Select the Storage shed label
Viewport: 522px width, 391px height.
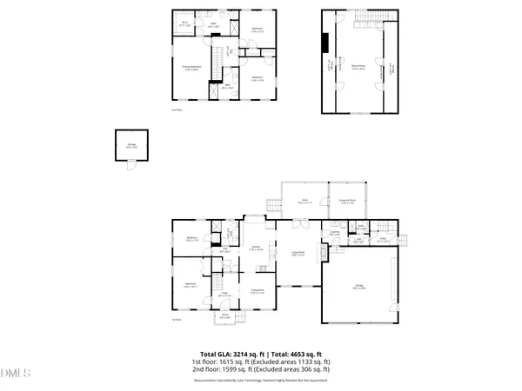(x=130, y=147)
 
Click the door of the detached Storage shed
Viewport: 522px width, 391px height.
(x=130, y=164)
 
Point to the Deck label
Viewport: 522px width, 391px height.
(x=304, y=202)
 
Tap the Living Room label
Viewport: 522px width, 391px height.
(x=298, y=254)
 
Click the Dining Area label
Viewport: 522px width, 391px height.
(x=257, y=291)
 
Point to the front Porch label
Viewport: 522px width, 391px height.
(x=224, y=317)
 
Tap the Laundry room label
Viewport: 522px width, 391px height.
(x=334, y=234)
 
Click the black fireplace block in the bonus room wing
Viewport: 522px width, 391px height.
(x=325, y=44)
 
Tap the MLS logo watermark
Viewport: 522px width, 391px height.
(x=16, y=374)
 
